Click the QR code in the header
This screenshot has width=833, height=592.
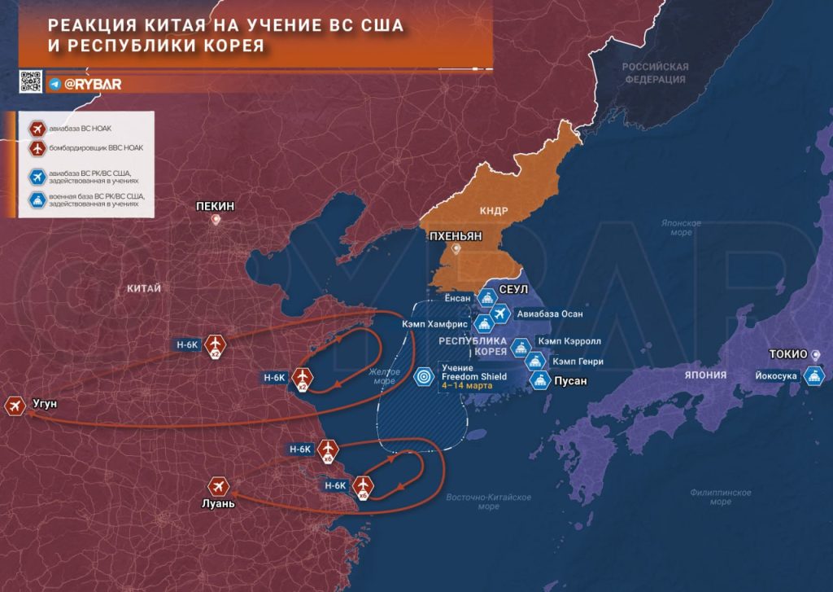(x=30, y=82)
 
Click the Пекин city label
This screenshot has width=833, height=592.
(x=216, y=206)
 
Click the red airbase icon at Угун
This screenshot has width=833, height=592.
(x=15, y=405)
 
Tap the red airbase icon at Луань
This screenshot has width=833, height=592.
(x=218, y=486)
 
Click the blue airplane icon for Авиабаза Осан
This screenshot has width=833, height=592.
(x=500, y=314)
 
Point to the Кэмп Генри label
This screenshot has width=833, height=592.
(x=576, y=360)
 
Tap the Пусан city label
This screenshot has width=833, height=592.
(x=570, y=380)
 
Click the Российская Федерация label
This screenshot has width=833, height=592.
(x=655, y=73)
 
